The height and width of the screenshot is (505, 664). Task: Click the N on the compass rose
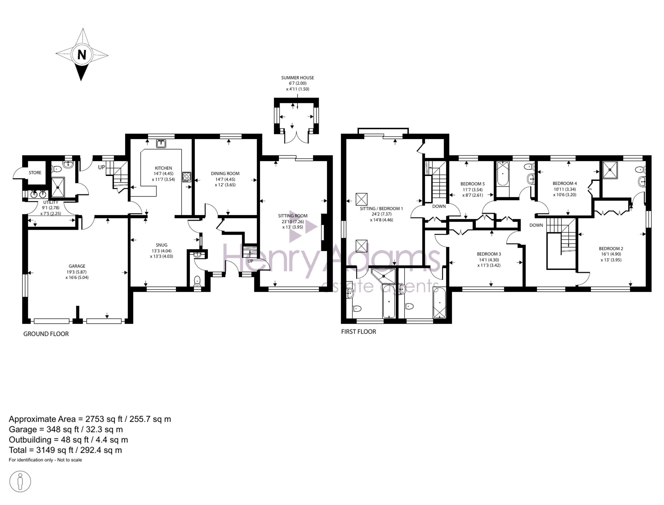pos(82,54)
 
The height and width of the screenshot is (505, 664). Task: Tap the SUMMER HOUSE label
pos(297,78)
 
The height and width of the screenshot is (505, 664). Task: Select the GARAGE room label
pos(77,266)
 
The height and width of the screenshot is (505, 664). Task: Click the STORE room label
pos(35,173)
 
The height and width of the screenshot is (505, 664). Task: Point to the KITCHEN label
pos(163,168)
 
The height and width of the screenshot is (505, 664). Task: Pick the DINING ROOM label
pos(225,173)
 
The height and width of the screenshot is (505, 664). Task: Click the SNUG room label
pos(162,245)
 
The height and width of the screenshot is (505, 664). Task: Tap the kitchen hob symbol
pos(187,177)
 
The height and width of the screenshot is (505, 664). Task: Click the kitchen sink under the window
pos(161,143)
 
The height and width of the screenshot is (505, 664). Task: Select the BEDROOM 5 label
pos(472,184)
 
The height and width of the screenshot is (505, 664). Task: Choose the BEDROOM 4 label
pos(565,183)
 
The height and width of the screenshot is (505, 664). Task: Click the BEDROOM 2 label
pos(611,248)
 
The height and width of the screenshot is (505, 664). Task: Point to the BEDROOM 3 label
pos(489,254)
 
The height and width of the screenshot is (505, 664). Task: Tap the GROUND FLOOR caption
pos(46,334)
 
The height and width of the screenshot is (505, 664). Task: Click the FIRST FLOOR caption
pos(359,332)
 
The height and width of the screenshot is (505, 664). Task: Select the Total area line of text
pos(65,450)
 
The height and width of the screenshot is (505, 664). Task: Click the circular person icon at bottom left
pos(20,481)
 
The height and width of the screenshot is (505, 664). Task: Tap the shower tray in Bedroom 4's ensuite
pos(610,170)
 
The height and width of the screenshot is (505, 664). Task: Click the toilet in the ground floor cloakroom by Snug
pos(197,281)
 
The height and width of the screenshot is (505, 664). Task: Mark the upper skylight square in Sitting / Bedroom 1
pos(362,199)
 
